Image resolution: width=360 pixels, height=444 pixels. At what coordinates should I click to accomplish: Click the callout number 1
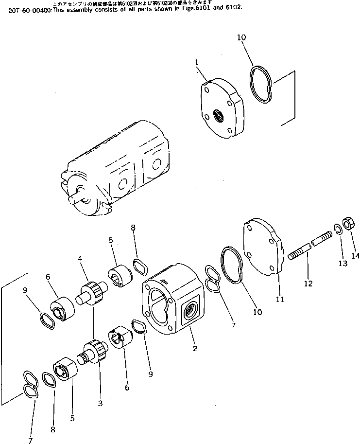(197, 62)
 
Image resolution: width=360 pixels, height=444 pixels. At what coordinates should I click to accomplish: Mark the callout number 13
(343, 263)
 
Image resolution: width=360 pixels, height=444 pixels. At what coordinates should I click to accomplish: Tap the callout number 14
(356, 256)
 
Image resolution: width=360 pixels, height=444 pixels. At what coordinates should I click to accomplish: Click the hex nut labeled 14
(348, 224)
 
